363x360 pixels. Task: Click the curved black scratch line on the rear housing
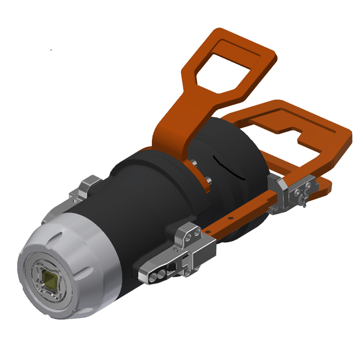[x=230, y=168]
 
